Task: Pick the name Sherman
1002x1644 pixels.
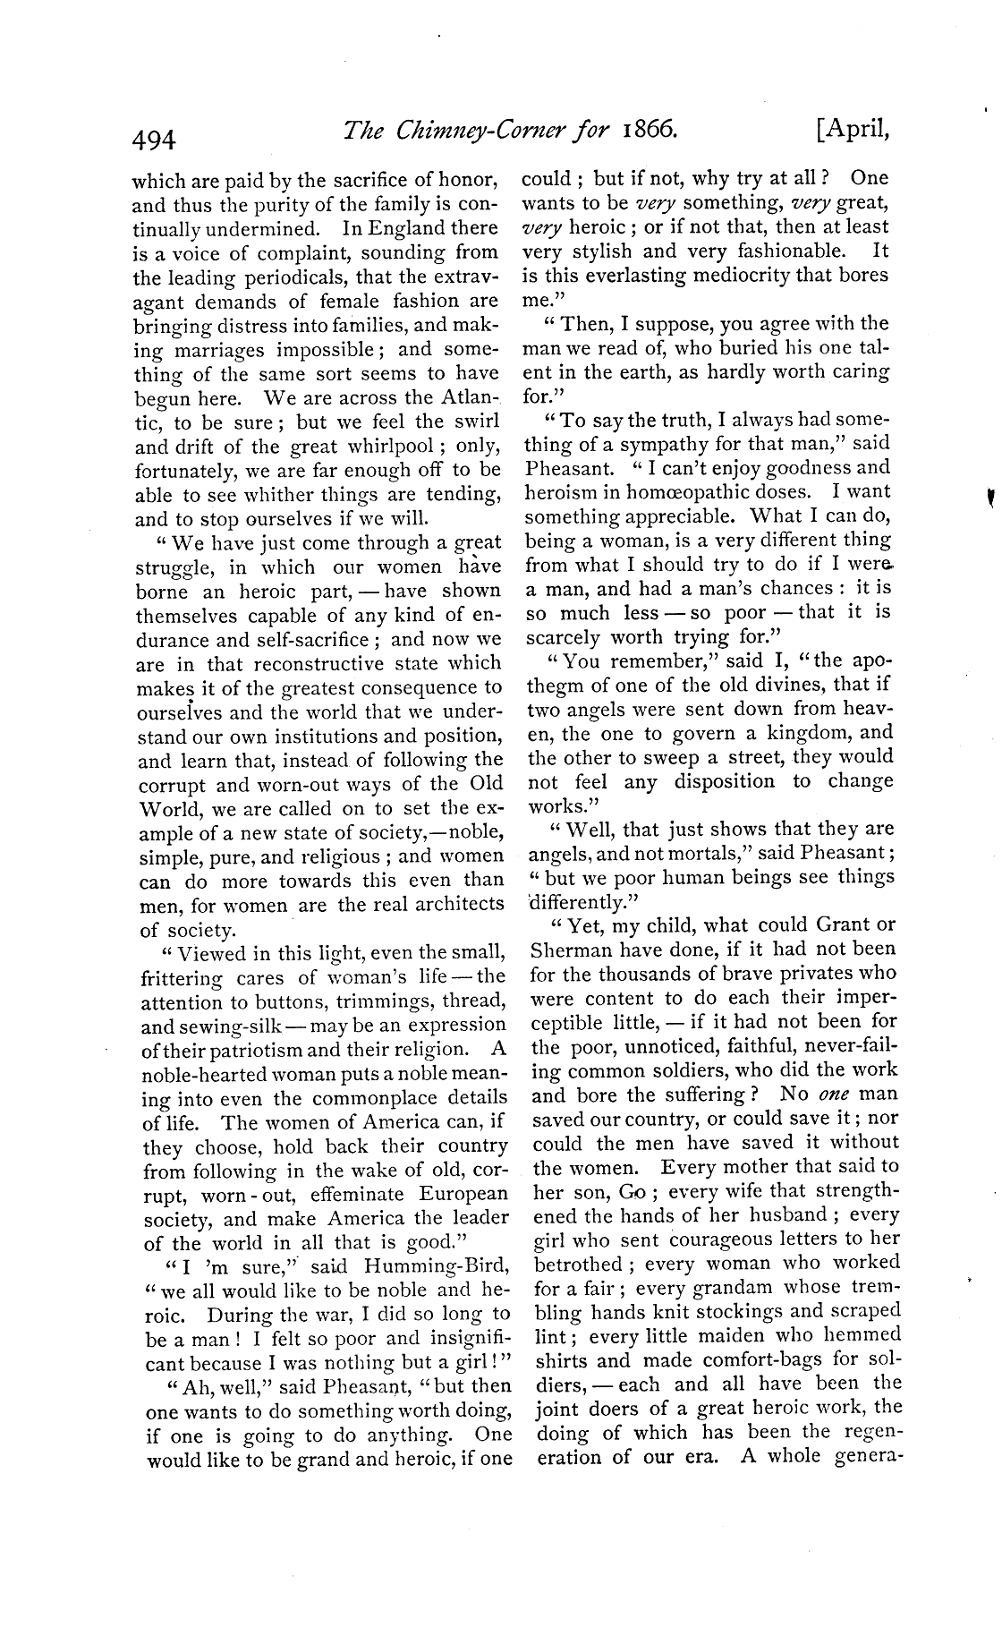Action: [x=569, y=950]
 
